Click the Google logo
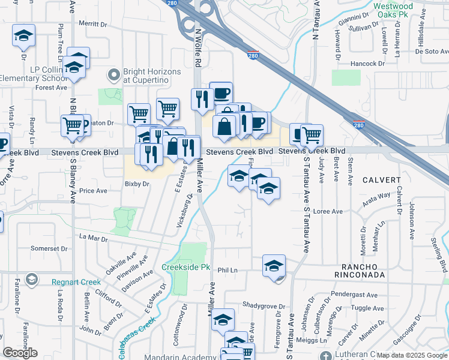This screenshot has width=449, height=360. [x=19, y=353]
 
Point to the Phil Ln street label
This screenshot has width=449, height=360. [x=228, y=270]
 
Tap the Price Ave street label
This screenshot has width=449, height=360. [x=93, y=191]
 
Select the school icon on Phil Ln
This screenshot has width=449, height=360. [x=274, y=265]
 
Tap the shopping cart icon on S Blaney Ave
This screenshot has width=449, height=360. [x=73, y=126]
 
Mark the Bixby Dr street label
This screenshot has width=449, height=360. [x=136, y=184]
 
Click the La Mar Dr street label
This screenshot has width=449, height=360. [x=92, y=238]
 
